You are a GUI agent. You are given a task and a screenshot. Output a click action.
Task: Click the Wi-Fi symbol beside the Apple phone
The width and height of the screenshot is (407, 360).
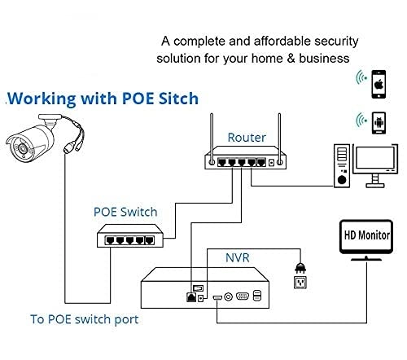click(x=358, y=78)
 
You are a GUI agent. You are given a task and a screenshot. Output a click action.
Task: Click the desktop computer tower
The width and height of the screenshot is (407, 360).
click(x=341, y=167)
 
